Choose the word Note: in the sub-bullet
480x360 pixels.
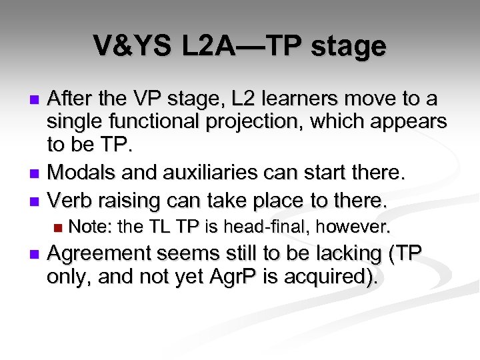pos(90,227)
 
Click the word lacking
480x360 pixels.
pos(353,254)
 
